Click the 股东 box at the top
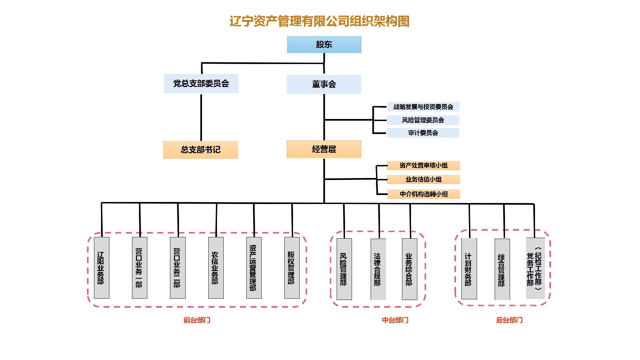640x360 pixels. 324,45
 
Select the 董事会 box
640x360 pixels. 324,84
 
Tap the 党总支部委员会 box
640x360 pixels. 201,84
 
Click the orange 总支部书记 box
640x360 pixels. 200,150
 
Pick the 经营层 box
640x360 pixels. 324,149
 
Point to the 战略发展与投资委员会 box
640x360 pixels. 423,107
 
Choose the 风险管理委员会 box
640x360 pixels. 423,120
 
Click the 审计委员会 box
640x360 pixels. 423,133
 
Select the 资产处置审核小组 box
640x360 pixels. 423,165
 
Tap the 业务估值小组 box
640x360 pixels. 423,179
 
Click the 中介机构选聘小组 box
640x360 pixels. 423,194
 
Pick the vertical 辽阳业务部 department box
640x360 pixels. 101,268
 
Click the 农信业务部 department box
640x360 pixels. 216,268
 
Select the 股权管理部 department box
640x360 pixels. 292,268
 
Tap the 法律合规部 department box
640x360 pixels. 378,269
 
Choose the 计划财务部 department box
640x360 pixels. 469,269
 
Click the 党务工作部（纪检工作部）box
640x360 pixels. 535,268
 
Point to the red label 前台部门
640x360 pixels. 197,320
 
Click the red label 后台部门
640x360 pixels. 509,320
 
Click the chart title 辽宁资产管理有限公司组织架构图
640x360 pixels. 319,21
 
